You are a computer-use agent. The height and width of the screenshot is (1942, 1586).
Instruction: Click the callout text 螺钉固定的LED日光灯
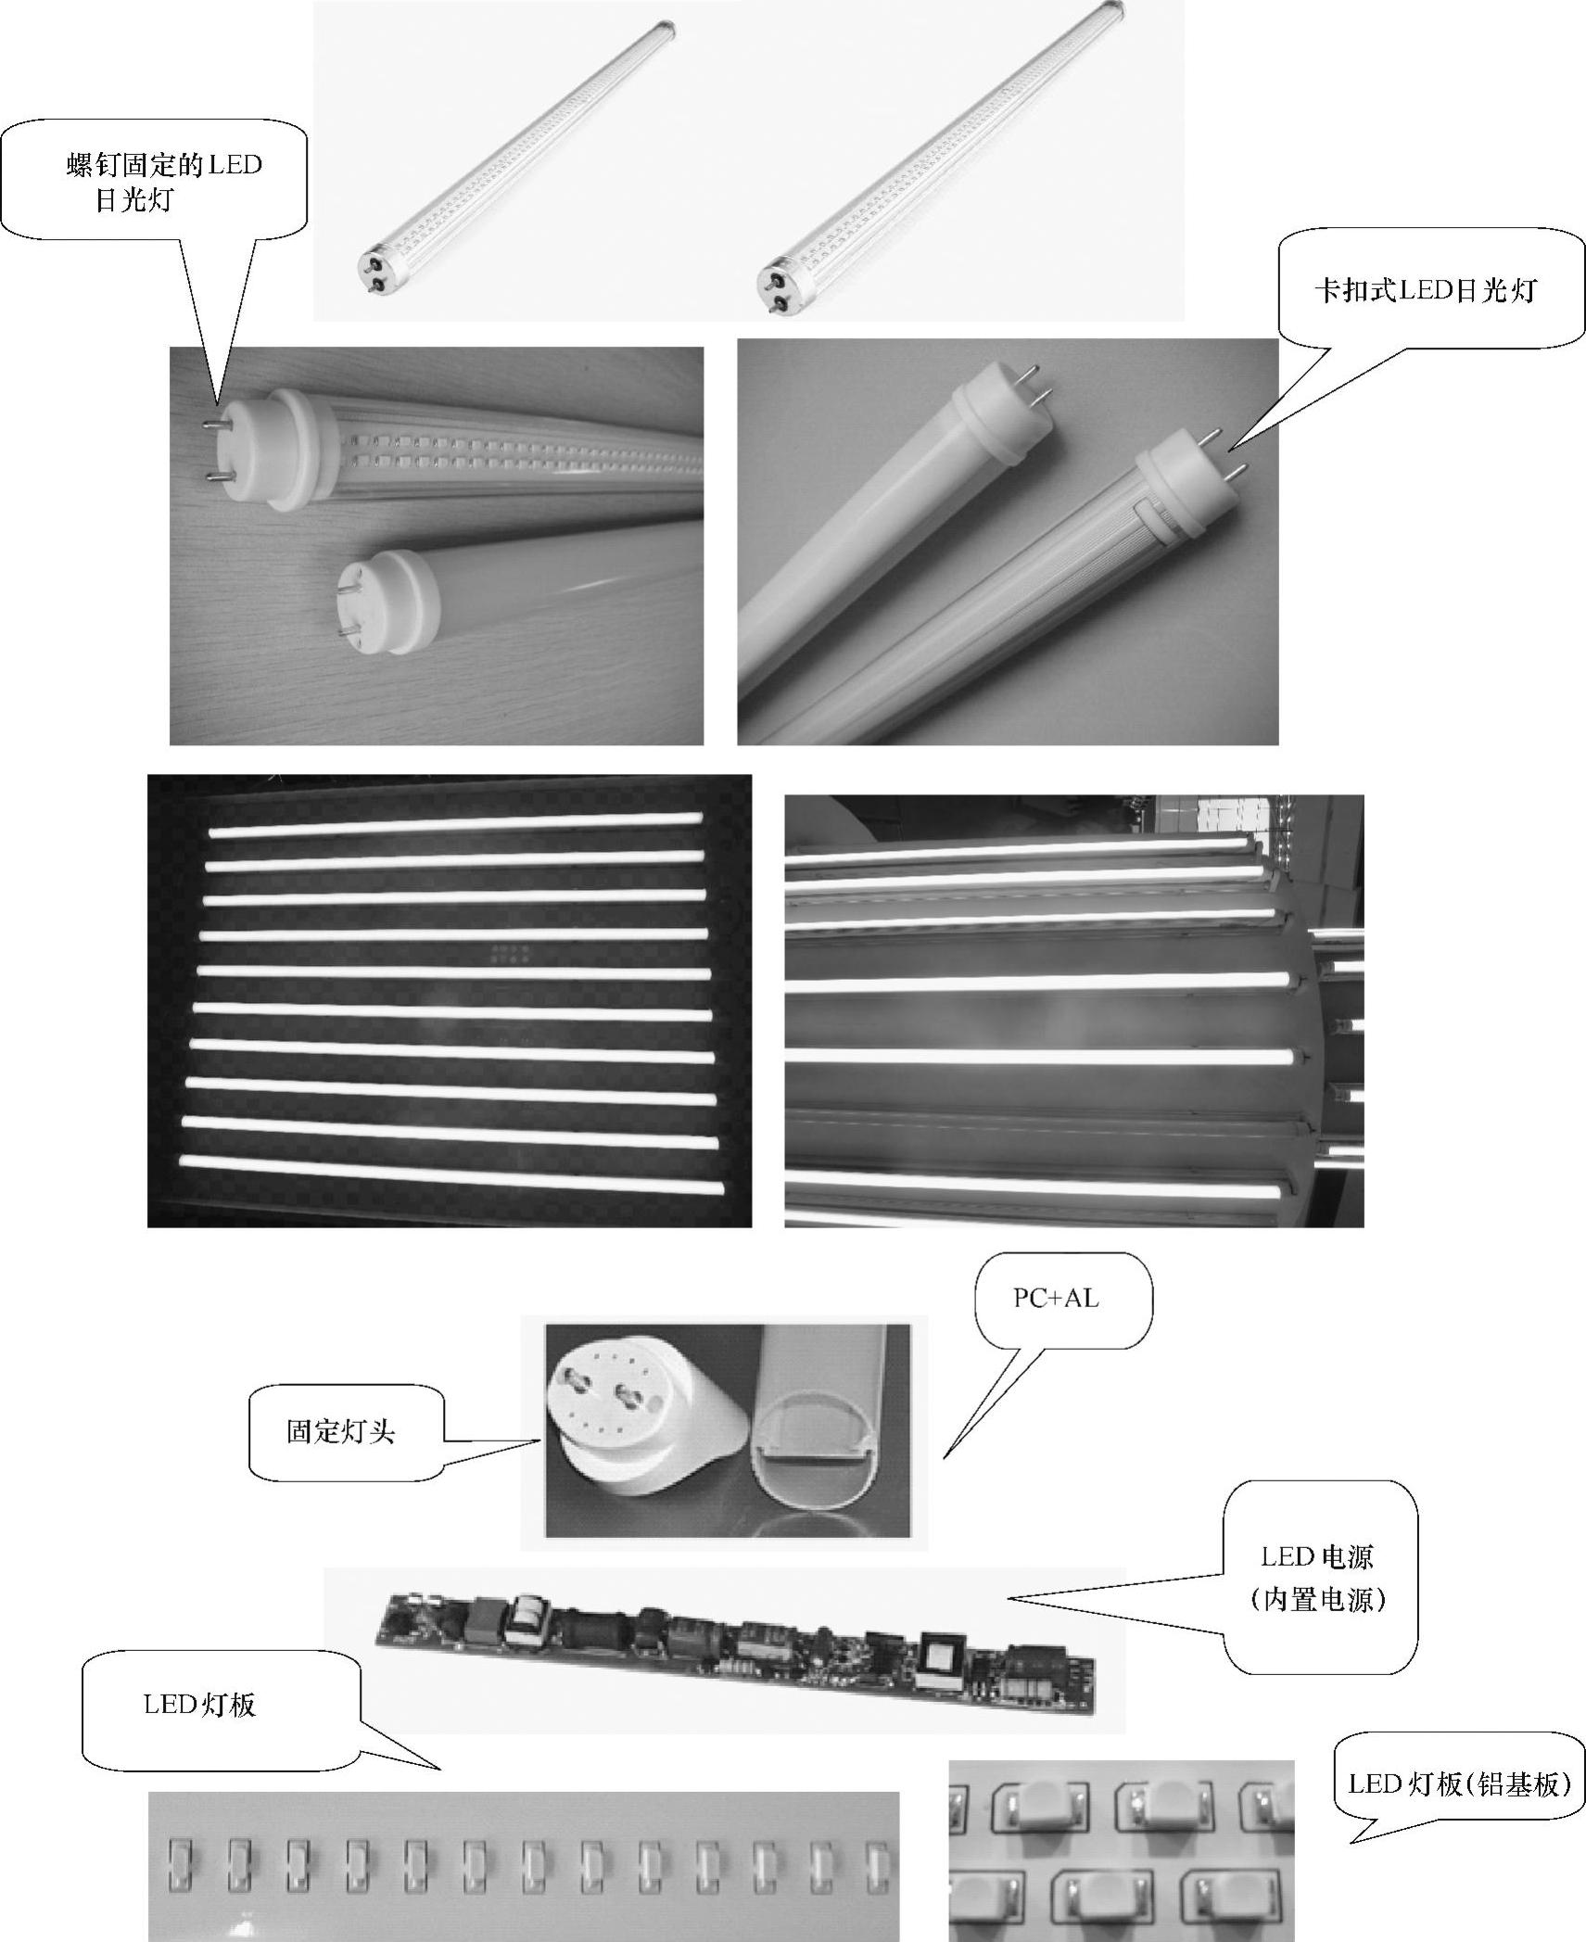164,182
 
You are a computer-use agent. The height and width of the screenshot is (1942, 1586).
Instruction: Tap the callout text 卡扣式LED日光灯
1425,290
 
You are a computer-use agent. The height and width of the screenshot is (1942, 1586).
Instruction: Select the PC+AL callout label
1056,1299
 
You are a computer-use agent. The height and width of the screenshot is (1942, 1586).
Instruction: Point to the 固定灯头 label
341,1432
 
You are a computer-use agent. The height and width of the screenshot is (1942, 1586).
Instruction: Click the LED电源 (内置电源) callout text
1317,1579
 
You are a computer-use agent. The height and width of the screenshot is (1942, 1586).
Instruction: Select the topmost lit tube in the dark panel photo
454,824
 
